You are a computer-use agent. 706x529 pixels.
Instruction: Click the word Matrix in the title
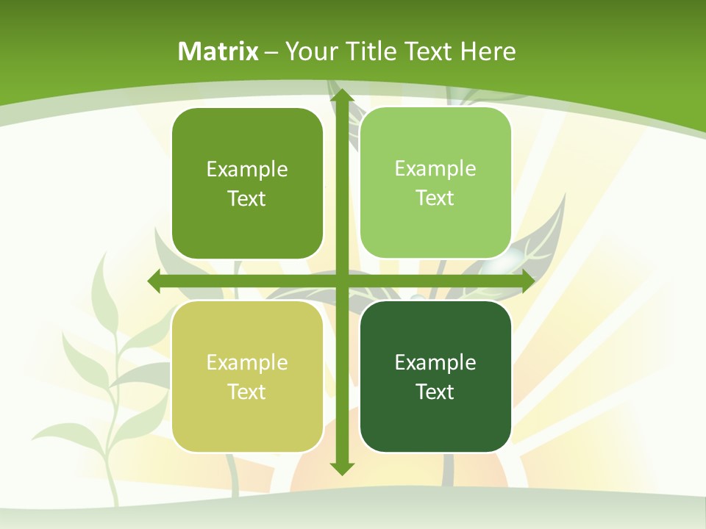(218, 51)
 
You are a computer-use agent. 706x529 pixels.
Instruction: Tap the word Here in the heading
(488, 51)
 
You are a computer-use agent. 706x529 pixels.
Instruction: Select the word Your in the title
(309, 51)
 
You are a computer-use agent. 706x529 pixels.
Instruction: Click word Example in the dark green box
(435, 362)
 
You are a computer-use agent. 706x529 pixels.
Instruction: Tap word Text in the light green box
(435, 198)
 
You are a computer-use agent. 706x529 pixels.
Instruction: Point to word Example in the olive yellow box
(247, 362)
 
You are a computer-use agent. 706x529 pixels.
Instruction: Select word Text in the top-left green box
(247, 199)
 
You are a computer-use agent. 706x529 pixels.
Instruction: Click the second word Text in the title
(427, 51)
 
